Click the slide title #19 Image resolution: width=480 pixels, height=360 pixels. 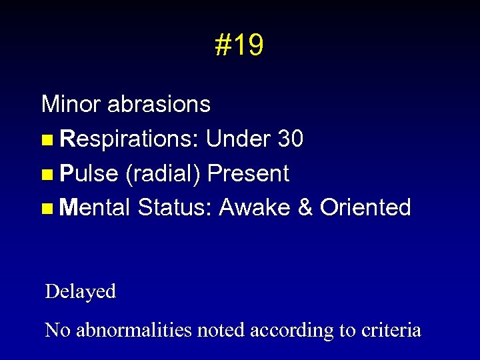pos(239,45)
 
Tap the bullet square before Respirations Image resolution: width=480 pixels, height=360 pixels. pos(46,140)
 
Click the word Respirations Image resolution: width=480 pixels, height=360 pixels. pos(129,139)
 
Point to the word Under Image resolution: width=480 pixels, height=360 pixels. pos(238,139)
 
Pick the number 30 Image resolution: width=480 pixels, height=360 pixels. pos(291,139)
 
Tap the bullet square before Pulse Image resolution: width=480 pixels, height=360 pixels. pos(46,175)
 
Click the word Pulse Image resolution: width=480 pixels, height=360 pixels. pos(89,173)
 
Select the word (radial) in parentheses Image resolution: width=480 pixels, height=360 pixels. pos(163,174)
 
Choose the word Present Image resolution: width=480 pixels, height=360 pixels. pos(248,173)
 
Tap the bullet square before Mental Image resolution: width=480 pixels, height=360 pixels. pos(46,209)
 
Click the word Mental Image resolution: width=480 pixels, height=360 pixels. pos(95,208)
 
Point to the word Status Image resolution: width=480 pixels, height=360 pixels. pos(175,208)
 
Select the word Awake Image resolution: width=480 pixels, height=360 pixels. pos(255,208)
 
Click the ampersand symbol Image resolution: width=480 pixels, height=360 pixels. pos(306,208)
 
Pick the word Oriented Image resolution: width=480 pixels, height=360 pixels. pos(365,208)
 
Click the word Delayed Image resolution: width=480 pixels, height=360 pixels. pos(80,291)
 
